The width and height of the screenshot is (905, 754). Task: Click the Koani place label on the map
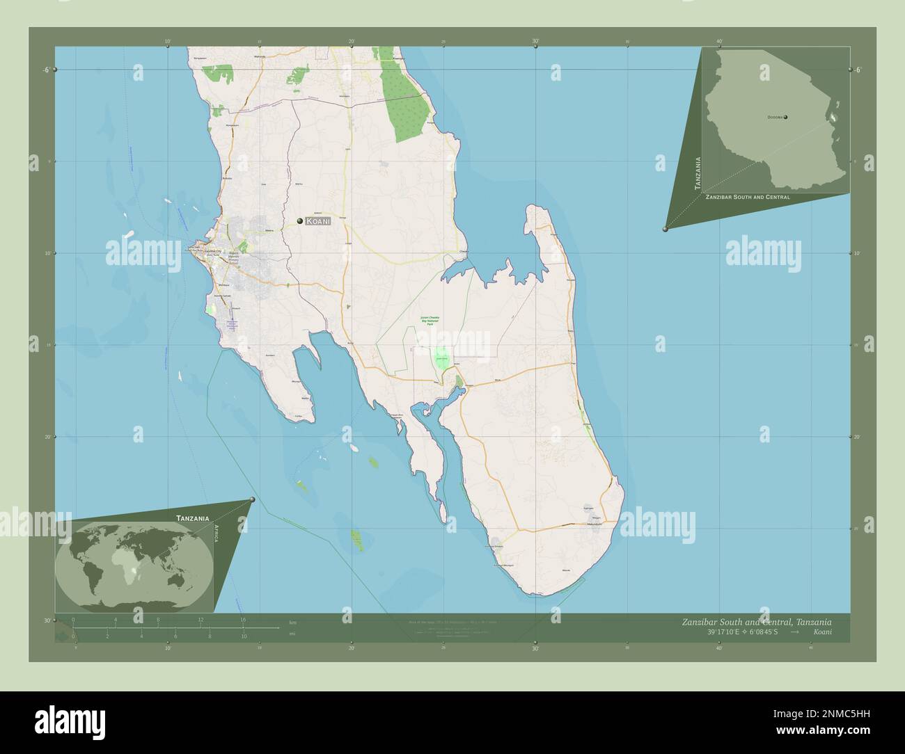tap(317, 221)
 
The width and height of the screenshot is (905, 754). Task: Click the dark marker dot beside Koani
tap(300, 221)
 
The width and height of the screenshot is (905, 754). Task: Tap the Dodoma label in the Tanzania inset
tap(775, 118)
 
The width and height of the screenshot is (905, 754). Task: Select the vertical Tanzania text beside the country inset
tap(698, 173)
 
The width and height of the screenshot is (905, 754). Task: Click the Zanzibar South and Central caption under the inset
tap(747, 198)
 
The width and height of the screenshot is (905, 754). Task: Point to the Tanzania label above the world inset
tap(193, 518)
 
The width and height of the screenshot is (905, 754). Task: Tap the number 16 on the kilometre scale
tap(243, 619)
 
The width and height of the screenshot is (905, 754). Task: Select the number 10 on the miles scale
tap(244, 636)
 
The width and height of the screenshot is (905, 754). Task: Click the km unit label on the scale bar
tap(292, 622)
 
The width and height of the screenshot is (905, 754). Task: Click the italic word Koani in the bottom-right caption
tap(821, 632)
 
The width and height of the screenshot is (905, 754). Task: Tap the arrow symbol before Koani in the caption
tap(795, 632)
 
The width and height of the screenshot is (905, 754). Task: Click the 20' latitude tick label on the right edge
tap(857, 437)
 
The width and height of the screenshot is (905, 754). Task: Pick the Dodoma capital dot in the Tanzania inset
tap(786, 118)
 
